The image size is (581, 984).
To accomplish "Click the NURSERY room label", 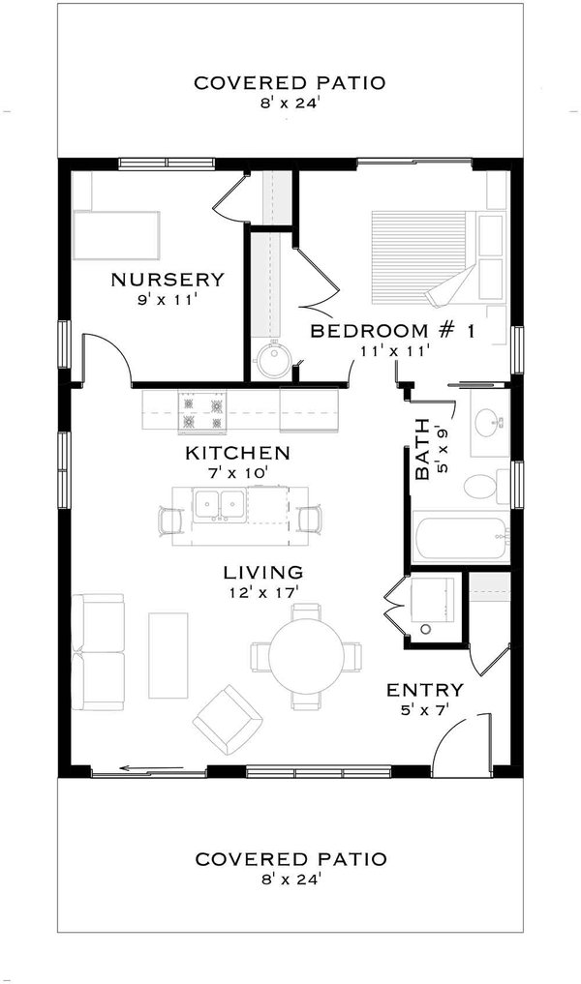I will point(168,280).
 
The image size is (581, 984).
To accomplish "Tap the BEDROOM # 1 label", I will point(392,331).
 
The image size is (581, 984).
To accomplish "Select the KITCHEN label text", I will point(237,452).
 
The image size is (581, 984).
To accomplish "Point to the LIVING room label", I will point(261,572).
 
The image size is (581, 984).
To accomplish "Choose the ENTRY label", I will point(424,690).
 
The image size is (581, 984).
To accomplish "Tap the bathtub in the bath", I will point(460,541).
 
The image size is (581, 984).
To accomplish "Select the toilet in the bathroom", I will point(482,486).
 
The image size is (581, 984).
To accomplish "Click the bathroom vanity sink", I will point(489,422).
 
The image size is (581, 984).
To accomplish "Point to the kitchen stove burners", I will point(201,410).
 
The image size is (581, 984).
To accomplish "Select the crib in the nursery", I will point(115,233).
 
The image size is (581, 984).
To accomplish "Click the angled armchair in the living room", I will point(229,720).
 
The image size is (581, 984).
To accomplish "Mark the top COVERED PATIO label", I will point(290,83).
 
